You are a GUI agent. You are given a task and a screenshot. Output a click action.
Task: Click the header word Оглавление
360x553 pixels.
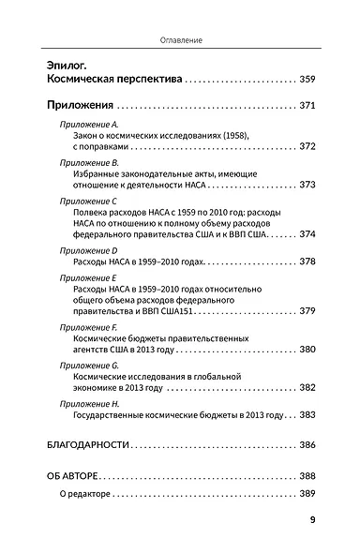179,41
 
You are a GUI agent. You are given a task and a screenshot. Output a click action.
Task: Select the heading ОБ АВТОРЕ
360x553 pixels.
72,475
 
